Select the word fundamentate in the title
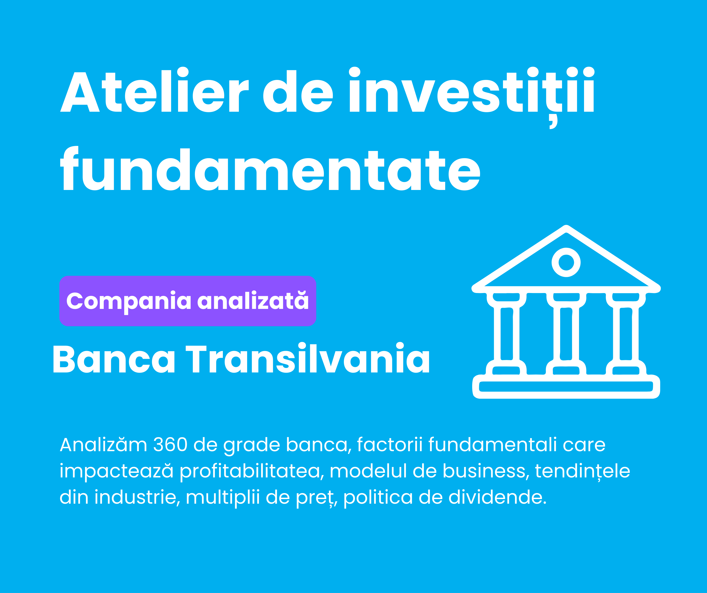coord(270,169)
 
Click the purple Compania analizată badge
coord(188,301)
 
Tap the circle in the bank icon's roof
coord(566,262)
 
